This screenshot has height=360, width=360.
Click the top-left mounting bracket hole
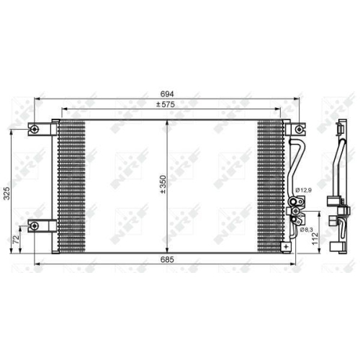point(34,129)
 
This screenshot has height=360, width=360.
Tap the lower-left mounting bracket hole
point(34,226)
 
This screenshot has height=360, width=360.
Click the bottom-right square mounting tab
point(287,246)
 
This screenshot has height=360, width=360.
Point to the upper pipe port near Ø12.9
point(294,201)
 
